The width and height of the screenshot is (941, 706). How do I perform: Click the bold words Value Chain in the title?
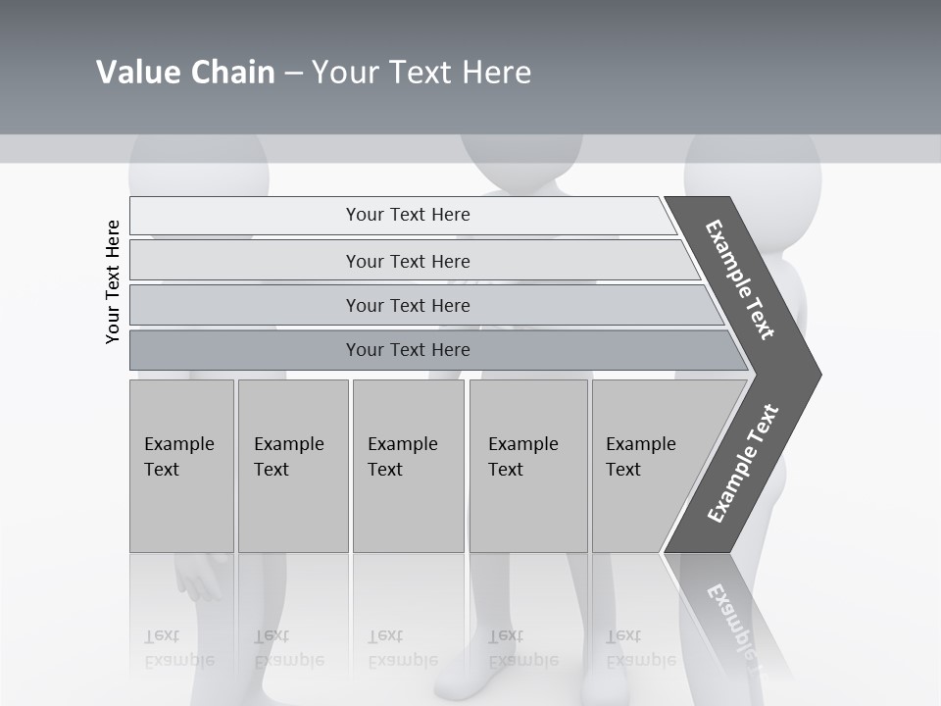coord(185,73)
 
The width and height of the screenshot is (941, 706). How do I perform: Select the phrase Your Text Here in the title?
coord(421,73)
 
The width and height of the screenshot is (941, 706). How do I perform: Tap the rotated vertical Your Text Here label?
coord(114,282)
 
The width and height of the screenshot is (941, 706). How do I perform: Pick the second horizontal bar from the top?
coord(407,261)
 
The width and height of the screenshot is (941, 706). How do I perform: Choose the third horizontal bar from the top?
coord(407,305)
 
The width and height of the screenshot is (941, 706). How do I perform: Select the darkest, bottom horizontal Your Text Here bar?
coord(407,350)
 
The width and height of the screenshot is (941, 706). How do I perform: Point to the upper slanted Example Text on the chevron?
coord(740,279)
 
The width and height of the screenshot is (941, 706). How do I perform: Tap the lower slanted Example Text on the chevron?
coord(743,463)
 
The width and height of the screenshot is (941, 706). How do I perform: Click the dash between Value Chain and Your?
coord(293,74)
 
